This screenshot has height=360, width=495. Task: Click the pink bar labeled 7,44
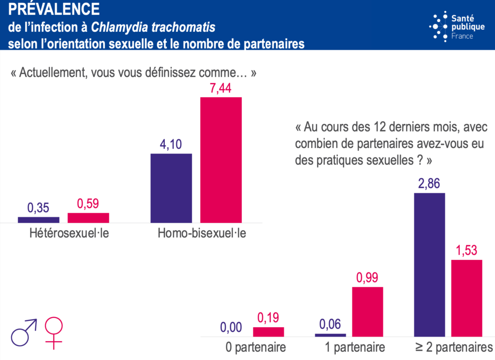click(221, 160)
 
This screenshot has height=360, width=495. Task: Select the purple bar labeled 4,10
click(171, 188)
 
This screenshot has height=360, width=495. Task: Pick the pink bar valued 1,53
click(467, 298)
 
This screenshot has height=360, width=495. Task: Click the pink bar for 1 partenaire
click(367, 311)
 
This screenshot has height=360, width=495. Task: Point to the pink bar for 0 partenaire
click(268, 331)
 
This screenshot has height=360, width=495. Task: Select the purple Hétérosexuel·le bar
click(39, 220)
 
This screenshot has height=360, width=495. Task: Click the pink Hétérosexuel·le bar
click(88, 218)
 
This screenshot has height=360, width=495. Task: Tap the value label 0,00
click(231, 328)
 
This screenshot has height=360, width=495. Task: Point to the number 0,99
click(367, 278)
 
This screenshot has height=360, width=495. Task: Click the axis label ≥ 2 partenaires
click(452, 347)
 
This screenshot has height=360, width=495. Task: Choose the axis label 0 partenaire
click(256, 347)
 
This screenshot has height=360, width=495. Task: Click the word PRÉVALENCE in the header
click(54, 9)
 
